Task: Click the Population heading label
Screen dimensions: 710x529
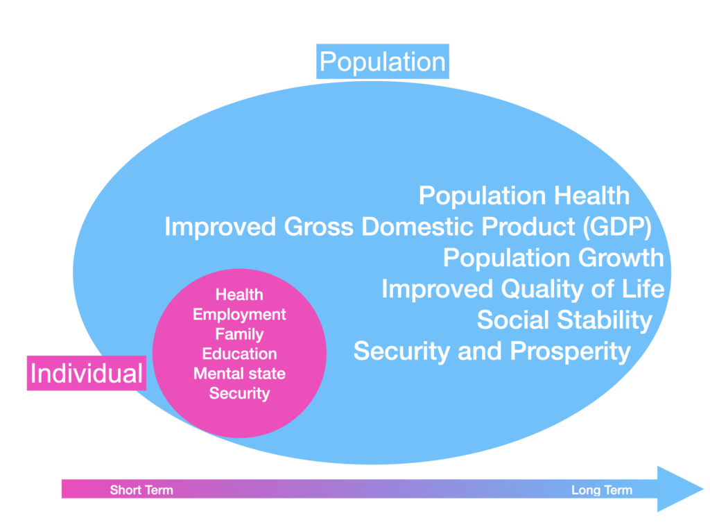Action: (383, 61)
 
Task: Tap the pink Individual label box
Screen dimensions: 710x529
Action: (87, 373)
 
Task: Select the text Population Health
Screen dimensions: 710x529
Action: (524, 196)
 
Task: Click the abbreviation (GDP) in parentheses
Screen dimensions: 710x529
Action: (617, 227)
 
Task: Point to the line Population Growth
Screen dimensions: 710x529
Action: (553, 258)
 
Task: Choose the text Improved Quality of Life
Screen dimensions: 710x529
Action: (523, 289)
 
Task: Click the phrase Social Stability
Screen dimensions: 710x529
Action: (564, 320)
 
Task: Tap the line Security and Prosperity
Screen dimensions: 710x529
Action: (492, 351)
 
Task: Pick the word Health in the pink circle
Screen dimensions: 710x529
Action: (239, 295)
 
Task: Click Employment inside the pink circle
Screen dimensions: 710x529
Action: (239, 315)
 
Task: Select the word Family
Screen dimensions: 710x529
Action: (239, 334)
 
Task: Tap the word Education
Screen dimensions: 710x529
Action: (239, 354)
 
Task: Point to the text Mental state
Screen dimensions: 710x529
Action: (239, 374)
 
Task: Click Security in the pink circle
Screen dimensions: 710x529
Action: (239, 393)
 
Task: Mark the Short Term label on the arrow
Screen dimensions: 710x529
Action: (141, 490)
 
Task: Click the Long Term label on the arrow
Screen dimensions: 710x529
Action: (602, 490)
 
